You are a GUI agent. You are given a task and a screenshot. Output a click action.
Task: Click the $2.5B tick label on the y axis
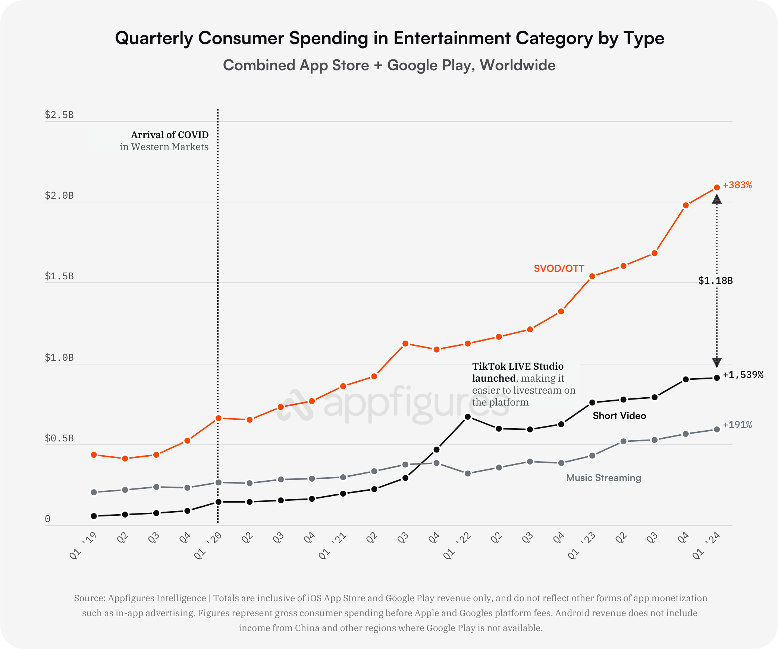pyautogui.click(x=59, y=115)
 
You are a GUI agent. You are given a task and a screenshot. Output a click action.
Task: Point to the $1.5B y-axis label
pyautogui.click(x=59, y=276)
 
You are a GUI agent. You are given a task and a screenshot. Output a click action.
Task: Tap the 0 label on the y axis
pyautogui.click(x=48, y=519)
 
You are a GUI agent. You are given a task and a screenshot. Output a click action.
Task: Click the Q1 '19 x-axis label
pyautogui.click(x=83, y=546)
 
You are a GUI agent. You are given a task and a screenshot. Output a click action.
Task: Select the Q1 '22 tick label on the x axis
pyautogui.click(x=457, y=546)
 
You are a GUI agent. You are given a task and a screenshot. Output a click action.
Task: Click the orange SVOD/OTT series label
pyautogui.click(x=559, y=268)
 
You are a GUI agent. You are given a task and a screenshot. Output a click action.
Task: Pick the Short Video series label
pyautogui.click(x=619, y=416)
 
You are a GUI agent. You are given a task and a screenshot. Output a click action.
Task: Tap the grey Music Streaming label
pyautogui.click(x=603, y=478)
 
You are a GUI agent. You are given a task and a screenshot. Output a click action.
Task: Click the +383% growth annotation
pyautogui.click(x=737, y=185)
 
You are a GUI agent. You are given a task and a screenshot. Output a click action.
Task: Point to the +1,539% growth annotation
pyautogui.click(x=743, y=375)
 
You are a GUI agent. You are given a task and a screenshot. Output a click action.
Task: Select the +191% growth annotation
pyautogui.click(x=737, y=425)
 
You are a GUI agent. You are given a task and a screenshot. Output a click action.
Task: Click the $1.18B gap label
pyautogui.click(x=715, y=280)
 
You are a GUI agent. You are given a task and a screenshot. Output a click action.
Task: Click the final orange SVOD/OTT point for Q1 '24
pyautogui.click(x=717, y=187)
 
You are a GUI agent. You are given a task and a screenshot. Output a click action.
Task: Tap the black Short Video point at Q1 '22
pyautogui.click(x=468, y=417)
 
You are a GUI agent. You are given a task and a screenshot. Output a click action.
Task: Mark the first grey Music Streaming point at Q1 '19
pyautogui.click(x=94, y=492)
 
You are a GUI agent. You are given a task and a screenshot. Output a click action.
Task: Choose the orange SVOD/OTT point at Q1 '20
pyautogui.click(x=219, y=419)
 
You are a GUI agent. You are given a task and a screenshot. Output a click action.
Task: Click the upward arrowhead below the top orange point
pyautogui.click(x=717, y=199)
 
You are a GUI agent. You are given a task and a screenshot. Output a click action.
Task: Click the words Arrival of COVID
pyautogui.click(x=170, y=135)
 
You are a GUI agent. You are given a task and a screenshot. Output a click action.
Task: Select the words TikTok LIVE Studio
pyautogui.click(x=518, y=366)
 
